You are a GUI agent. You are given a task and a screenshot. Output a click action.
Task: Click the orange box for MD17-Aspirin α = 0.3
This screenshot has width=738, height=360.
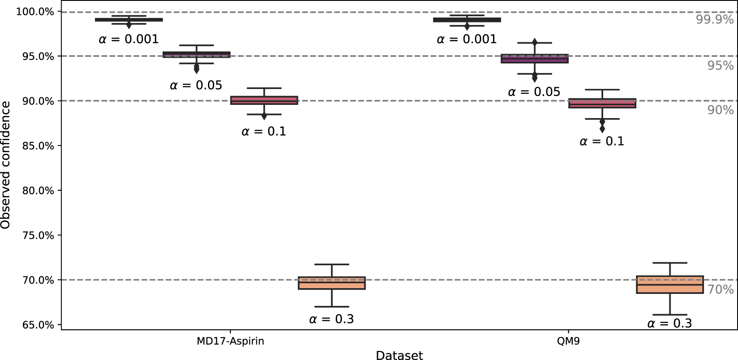[x=331, y=283]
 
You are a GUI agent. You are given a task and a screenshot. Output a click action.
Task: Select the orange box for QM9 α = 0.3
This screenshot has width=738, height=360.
[x=670, y=285]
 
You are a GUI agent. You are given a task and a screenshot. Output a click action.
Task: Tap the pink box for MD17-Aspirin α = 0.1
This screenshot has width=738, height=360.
[x=264, y=100]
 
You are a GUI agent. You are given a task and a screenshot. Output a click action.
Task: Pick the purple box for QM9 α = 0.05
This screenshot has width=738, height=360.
[x=534, y=59]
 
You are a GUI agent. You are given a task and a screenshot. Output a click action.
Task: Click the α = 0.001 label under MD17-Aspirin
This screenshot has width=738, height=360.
[x=129, y=39]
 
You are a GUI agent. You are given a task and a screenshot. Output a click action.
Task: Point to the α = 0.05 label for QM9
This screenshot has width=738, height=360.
[x=534, y=92]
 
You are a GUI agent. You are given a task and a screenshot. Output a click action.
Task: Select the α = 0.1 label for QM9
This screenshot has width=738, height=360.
[x=602, y=141]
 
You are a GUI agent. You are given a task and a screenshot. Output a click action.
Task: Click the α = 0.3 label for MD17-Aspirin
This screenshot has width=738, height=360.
[x=331, y=319]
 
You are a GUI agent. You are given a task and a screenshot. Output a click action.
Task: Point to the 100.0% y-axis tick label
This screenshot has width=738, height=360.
[x=35, y=11]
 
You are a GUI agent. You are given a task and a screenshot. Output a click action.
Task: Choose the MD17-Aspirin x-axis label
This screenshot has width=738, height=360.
[x=230, y=341]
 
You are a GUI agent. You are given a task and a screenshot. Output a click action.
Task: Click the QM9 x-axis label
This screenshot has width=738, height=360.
[x=568, y=341]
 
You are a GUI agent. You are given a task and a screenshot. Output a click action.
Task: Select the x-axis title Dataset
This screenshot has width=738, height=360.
[x=399, y=355]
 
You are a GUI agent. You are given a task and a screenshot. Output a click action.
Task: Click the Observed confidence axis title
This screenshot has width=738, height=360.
[x=6, y=165]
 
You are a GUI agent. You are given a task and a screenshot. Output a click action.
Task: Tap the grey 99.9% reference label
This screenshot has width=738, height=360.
[x=715, y=19]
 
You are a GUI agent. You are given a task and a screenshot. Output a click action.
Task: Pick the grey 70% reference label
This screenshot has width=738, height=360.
[x=720, y=289]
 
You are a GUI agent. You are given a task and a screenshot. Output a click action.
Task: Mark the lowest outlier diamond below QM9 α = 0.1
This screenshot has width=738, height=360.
[x=602, y=129]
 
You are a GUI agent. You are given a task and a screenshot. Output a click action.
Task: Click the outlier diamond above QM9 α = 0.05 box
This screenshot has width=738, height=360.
[x=534, y=42]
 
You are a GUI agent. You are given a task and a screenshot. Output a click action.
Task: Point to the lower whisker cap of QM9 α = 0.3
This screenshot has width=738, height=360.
[x=670, y=315]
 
